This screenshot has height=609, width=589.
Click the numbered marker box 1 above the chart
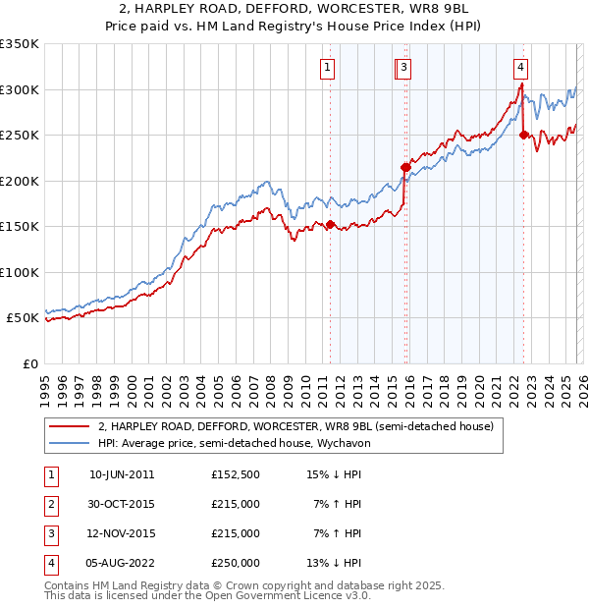(x=327, y=68)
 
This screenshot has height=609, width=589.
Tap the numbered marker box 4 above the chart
(x=520, y=68)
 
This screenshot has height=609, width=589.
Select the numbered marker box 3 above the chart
(x=404, y=68)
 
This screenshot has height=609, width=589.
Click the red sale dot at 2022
(x=523, y=136)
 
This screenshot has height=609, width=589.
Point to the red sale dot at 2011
(x=330, y=224)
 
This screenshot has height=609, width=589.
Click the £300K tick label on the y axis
(x=19, y=89)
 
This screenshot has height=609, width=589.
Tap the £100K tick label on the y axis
(x=19, y=272)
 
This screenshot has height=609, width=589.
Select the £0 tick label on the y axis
(x=29, y=363)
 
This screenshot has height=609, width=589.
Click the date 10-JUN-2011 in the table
(x=121, y=474)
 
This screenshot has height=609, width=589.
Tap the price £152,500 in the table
(x=235, y=474)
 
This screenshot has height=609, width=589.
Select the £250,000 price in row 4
(x=235, y=563)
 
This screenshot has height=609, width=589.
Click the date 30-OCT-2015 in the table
(x=121, y=504)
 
